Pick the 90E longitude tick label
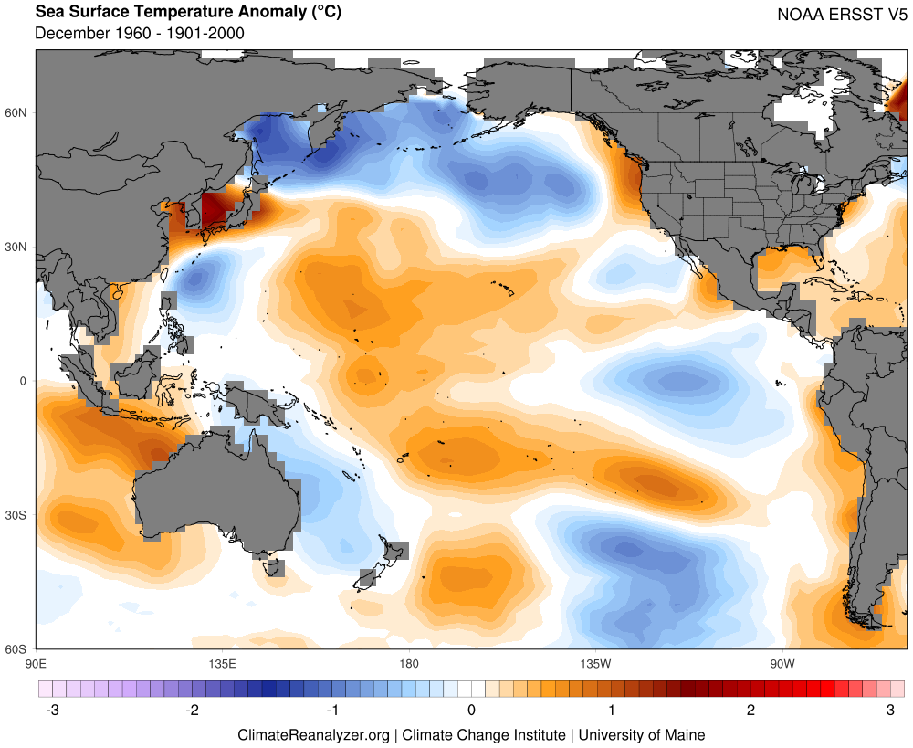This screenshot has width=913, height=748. pos(37,661)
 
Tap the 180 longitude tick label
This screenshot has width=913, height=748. pos(408,661)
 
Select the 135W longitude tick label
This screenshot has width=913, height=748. pos(594,661)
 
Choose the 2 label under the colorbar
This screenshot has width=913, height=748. pos(750,710)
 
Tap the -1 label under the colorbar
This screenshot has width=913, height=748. pos(331,710)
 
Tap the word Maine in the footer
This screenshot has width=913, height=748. pos(683,734)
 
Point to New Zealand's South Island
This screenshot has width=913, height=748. pos(369,577)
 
